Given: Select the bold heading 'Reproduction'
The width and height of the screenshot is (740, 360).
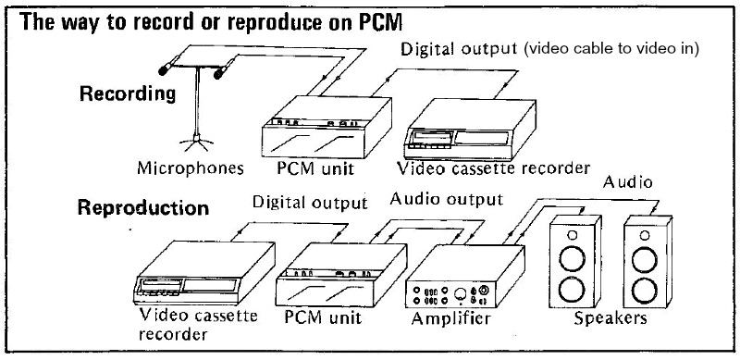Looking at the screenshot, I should tap(142, 207).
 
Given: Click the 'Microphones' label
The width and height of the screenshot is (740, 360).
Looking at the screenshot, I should tap(191, 169).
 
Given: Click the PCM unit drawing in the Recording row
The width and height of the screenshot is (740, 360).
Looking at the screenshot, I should tap(316, 129).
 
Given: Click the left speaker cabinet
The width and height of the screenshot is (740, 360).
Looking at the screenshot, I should tap(576, 265).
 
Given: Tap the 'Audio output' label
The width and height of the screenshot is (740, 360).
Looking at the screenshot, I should tap(447, 198).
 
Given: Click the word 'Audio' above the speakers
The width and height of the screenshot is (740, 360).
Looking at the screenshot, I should tap(628, 182).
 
